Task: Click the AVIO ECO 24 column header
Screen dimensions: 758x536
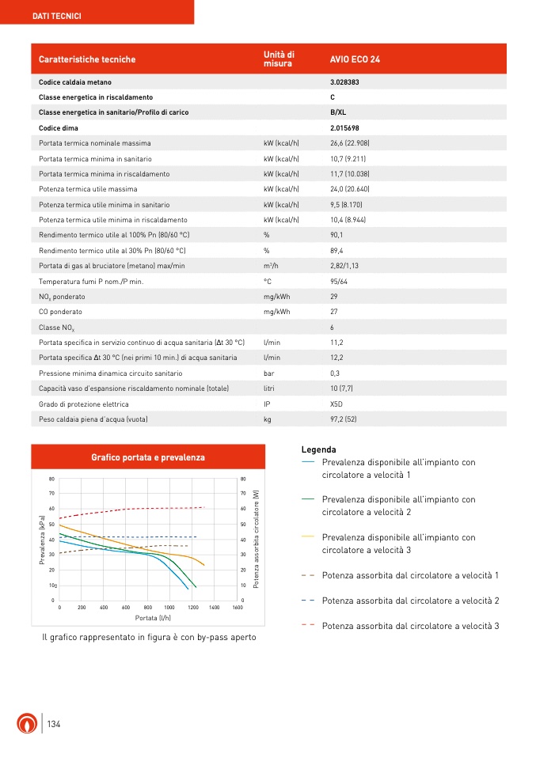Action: [x=355, y=59]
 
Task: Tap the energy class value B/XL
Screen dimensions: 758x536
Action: [x=338, y=112]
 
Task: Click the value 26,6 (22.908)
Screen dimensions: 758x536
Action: [x=350, y=143]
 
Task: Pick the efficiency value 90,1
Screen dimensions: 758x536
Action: [x=336, y=235]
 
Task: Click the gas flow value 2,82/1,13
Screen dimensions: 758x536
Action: [x=345, y=266]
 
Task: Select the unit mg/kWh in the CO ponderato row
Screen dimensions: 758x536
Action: [x=277, y=312]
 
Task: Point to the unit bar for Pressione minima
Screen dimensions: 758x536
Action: [x=269, y=373]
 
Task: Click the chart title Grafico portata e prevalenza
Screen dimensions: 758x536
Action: [x=148, y=457]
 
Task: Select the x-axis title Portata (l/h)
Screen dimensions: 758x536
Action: [x=148, y=617]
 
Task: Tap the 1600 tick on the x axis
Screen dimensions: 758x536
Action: [x=238, y=607]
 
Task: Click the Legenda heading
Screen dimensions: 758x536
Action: [x=319, y=449]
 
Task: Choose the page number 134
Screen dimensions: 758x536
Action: [x=54, y=725]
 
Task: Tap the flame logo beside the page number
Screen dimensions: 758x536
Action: [x=26, y=724]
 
